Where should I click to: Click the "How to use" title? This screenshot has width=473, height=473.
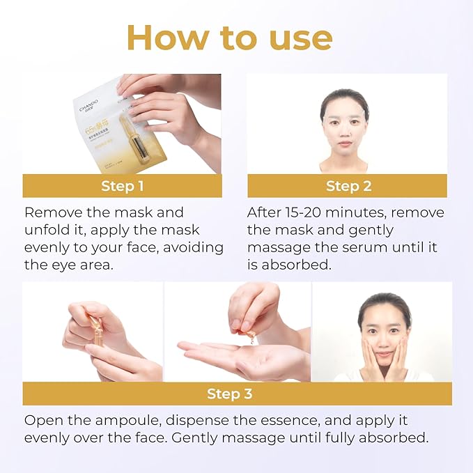tap(236, 38)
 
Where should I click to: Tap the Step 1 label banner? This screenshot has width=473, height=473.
tap(122, 186)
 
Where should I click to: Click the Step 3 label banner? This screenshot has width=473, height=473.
tap(229, 394)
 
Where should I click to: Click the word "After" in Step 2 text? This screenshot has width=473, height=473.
tap(265, 212)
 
